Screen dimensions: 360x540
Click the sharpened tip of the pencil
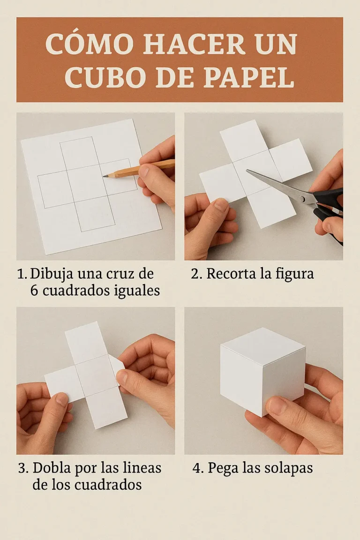[x=104, y=176]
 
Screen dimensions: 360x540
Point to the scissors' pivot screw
[x=302, y=198]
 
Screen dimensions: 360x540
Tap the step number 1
[x=22, y=274]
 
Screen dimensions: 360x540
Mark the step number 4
[x=196, y=468]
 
